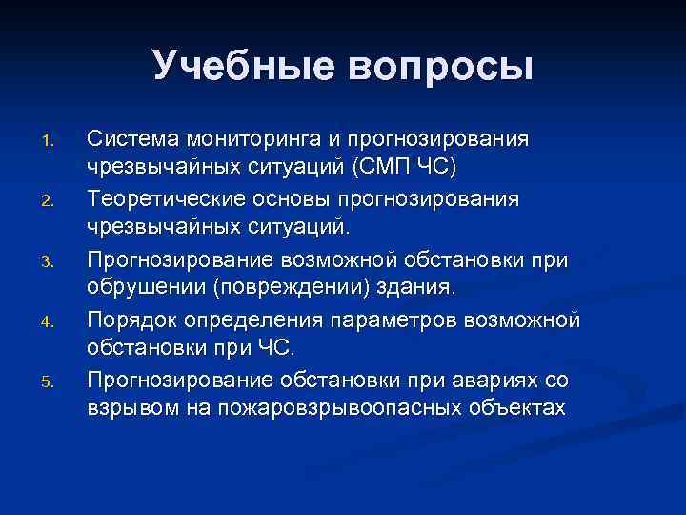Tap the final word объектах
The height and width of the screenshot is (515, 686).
[518, 409]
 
